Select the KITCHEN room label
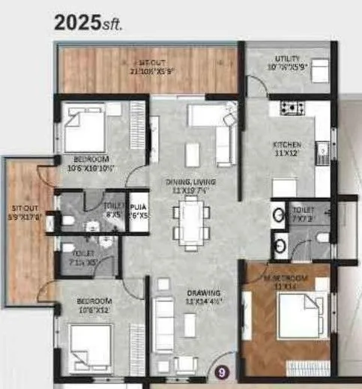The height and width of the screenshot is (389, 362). pos(287,148)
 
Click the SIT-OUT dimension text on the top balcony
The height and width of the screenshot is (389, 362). pos(153,70)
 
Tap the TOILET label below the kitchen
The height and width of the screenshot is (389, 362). pos(302,214)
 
